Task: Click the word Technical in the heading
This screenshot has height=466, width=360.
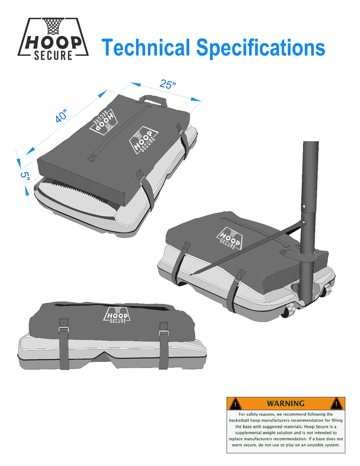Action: [145, 47]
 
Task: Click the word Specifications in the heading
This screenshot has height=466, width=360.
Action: [261, 48]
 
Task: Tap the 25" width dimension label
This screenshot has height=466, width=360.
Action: [168, 84]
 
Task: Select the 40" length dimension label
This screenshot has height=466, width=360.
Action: [61, 116]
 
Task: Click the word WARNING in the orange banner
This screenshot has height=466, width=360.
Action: [286, 403]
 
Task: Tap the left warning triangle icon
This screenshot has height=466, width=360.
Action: [235, 404]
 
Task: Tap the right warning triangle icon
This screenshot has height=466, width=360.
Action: [336, 403]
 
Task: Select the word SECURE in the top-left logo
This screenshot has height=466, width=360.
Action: [53, 55]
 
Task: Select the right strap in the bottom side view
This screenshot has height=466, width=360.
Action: [164, 345]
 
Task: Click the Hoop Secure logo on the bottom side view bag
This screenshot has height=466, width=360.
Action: [117, 315]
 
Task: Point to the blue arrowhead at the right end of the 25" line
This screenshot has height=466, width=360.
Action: [196, 100]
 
